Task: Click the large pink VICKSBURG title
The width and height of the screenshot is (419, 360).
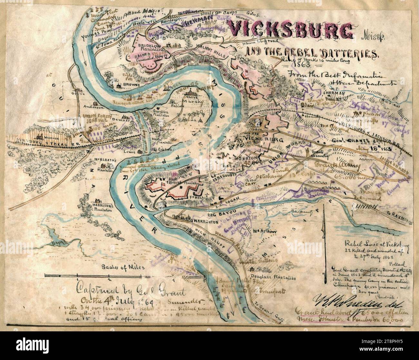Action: [x=290, y=30]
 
